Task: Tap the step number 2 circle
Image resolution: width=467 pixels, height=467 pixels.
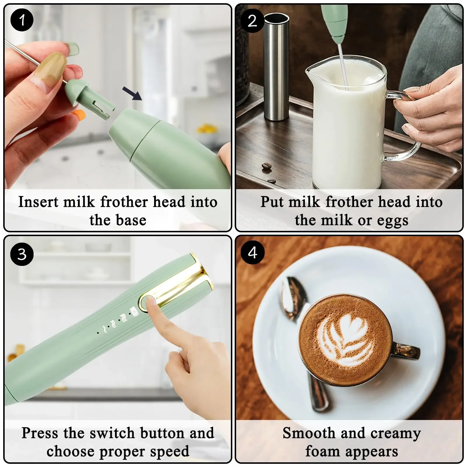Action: [x=252, y=20]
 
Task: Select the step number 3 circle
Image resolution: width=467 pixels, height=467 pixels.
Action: [x=22, y=254]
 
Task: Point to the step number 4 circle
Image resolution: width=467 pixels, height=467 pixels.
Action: [x=252, y=252]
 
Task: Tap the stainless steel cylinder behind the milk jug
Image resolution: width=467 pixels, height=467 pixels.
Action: [x=276, y=67]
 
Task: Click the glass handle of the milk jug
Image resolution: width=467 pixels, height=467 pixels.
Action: [x=406, y=128]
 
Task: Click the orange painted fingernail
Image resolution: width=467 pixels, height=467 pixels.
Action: [x=78, y=114]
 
